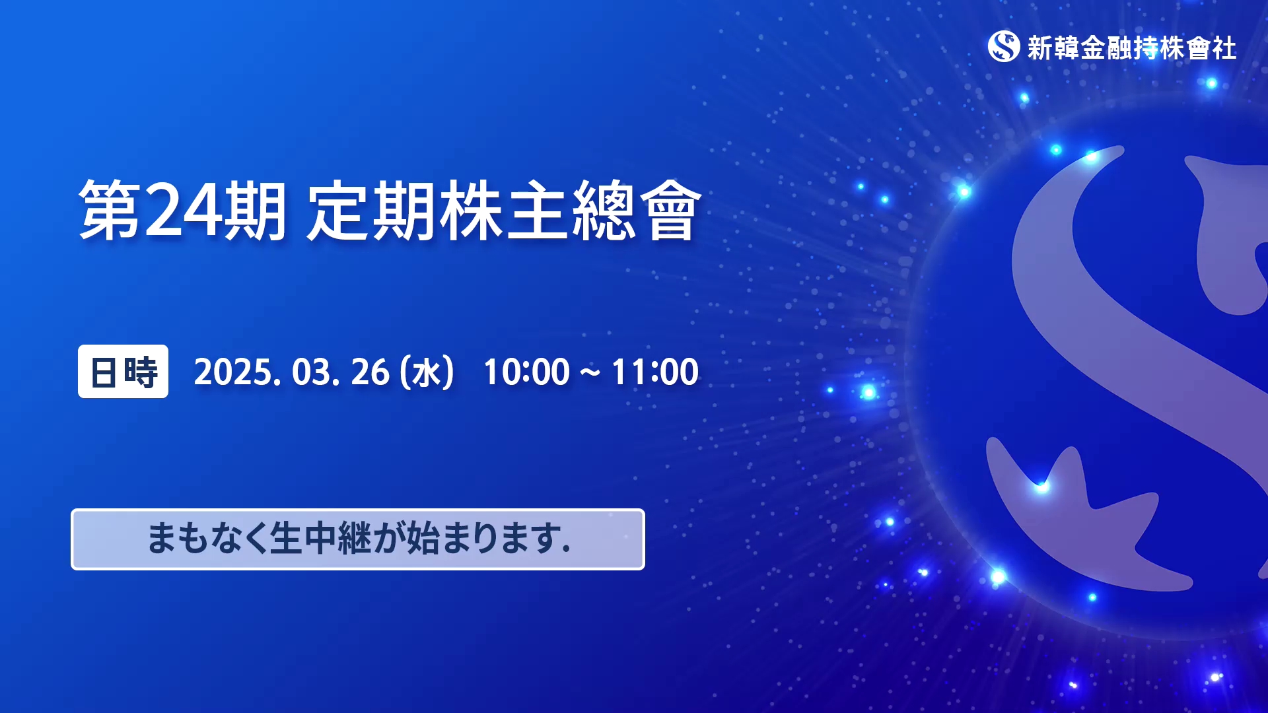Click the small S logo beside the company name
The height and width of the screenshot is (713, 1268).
(x=1004, y=46)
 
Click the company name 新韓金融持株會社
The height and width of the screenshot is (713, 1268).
(x=1132, y=48)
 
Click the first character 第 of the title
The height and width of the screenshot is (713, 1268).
(x=110, y=210)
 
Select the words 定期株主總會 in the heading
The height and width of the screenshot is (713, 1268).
(x=503, y=210)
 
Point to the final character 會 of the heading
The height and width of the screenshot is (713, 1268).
(x=669, y=210)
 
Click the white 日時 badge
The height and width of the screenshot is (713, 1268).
(x=123, y=371)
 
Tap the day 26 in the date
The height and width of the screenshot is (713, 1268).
(x=370, y=372)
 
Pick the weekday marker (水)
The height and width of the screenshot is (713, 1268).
(x=427, y=372)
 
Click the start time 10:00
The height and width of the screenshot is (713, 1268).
(x=526, y=372)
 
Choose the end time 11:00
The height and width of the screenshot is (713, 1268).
(x=655, y=372)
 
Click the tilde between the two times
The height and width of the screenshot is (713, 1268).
(x=590, y=373)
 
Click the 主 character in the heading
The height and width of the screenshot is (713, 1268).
(x=537, y=210)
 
